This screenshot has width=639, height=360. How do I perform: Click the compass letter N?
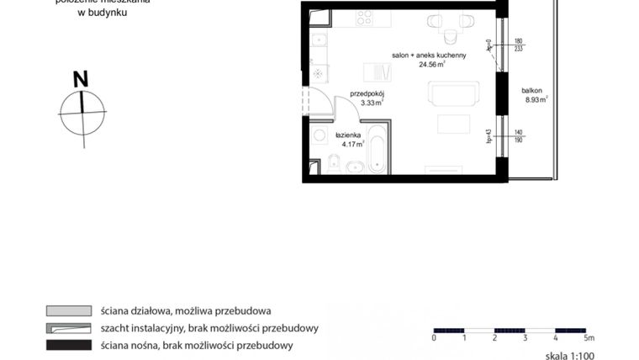tap(81, 80)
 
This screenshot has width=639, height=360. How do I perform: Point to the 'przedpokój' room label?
tap(367, 94)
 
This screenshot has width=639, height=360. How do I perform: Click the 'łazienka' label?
tap(347, 135)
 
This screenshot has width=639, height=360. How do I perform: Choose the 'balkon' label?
tap(531, 91)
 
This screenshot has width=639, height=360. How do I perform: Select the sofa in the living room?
tap(454, 93)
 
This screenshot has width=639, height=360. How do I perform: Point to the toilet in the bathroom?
tap(334, 161)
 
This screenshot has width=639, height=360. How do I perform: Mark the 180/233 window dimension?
tap(518, 45)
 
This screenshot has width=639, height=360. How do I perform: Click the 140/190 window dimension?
tap(518, 137)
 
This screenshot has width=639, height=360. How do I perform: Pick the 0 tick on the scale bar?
tap(434, 337)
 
